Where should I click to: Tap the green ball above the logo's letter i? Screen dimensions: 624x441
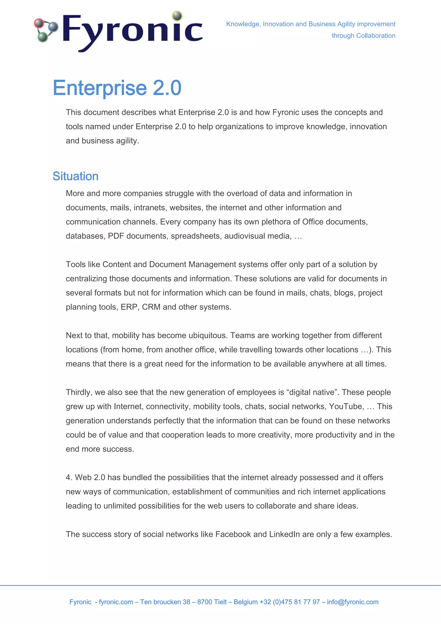[177, 16]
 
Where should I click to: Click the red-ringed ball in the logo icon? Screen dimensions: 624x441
[39, 24]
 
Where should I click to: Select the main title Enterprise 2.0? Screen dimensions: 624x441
[117, 88]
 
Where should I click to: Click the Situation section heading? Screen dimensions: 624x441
[75, 176]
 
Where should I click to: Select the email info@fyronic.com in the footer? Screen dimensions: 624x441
[352, 602]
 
